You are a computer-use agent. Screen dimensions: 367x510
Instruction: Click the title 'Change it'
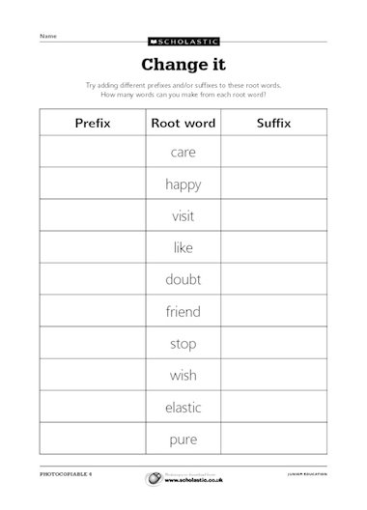183,66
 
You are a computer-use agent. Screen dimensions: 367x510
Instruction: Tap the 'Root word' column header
183,124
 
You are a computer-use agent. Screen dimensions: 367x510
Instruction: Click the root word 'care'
183,153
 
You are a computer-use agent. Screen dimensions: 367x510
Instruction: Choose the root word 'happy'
183,184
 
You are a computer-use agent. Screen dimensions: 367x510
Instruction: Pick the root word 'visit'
183,216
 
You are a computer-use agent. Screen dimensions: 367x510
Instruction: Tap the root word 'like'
183,248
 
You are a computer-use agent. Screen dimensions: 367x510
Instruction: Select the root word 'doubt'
183,280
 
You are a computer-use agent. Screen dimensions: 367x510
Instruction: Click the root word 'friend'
183,312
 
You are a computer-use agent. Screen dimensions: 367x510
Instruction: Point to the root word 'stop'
183,344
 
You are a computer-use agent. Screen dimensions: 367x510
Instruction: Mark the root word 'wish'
183,376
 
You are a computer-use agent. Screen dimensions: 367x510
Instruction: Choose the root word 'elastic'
183,408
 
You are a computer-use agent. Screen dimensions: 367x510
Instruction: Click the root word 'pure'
183,439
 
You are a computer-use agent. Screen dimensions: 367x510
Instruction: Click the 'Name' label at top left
46,36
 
